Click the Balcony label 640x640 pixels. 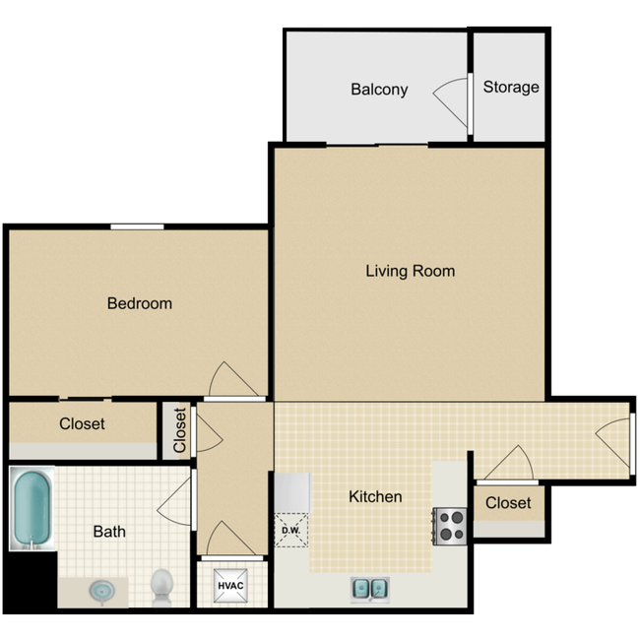(379, 90)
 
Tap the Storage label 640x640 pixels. (511, 87)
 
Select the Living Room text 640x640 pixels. (410, 271)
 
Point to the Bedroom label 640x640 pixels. (139, 303)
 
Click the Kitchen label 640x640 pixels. (375, 496)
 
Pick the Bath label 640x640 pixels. (109, 532)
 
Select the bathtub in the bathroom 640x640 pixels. (32, 509)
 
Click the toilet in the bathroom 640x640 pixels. (160, 587)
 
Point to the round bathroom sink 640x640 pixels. (101, 591)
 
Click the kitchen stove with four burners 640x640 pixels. (450, 525)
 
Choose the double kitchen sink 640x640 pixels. (369, 588)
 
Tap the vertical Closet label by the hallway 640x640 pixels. (179, 430)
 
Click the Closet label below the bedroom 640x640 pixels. (82, 424)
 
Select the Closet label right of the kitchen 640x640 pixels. (508, 503)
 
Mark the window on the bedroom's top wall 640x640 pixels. (137, 227)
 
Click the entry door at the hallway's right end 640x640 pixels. (615, 438)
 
